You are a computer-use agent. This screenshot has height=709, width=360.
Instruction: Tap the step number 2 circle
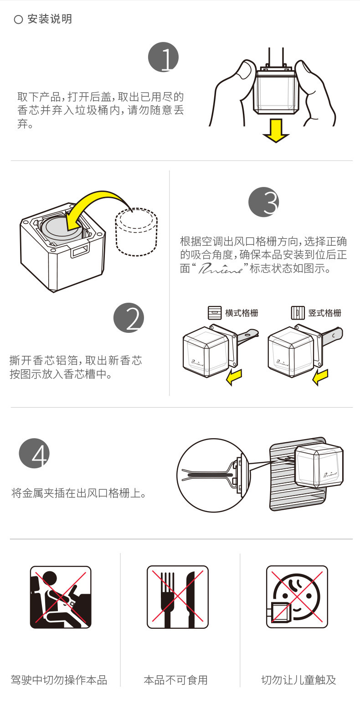(x=129, y=317)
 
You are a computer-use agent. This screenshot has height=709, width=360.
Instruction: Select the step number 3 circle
(x=263, y=202)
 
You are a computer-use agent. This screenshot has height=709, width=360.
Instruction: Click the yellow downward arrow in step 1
(x=276, y=131)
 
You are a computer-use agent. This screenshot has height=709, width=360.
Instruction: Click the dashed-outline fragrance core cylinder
(x=136, y=232)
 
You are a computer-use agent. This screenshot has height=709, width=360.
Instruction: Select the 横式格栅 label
(x=242, y=313)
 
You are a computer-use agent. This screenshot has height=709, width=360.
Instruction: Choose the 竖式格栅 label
(x=324, y=313)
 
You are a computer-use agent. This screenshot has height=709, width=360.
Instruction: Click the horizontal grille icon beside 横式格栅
(x=214, y=313)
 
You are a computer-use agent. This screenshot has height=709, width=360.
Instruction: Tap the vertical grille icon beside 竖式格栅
(x=298, y=313)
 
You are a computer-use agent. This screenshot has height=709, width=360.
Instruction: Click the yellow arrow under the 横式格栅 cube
(x=235, y=377)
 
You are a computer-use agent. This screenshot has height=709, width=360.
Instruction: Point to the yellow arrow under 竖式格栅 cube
(x=320, y=377)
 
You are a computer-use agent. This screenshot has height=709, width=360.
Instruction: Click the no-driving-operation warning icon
(x=61, y=597)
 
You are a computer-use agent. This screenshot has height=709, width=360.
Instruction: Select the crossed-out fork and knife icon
(x=178, y=597)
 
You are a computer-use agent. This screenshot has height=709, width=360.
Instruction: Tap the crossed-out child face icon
(x=297, y=597)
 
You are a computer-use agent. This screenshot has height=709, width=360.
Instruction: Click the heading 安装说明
(x=49, y=19)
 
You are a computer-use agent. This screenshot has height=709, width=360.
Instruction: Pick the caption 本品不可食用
(x=175, y=680)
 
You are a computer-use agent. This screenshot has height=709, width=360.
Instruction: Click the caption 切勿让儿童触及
(x=298, y=680)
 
